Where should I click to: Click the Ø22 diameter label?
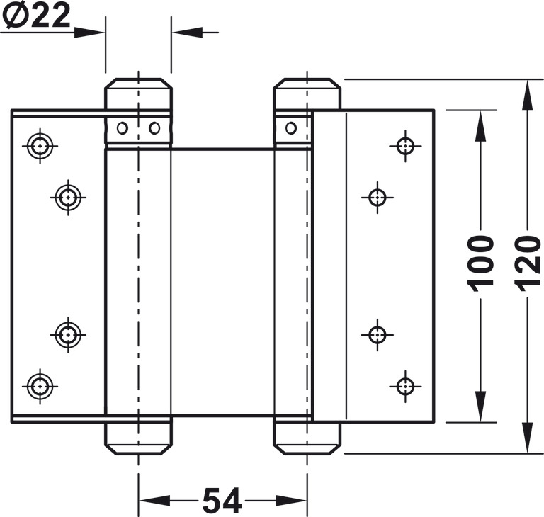(x=36, y=16)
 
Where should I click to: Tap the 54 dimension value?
(x=222, y=501)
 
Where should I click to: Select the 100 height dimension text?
(x=480, y=260)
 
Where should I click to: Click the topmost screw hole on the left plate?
(x=40, y=146)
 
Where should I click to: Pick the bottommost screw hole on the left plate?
(x=40, y=386)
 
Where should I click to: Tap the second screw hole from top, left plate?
(x=68, y=198)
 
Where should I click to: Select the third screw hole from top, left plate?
(x=68, y=335)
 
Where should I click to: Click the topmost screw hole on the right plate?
(x=405, y=146)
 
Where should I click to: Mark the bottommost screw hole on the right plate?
(x=405, y=386)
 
